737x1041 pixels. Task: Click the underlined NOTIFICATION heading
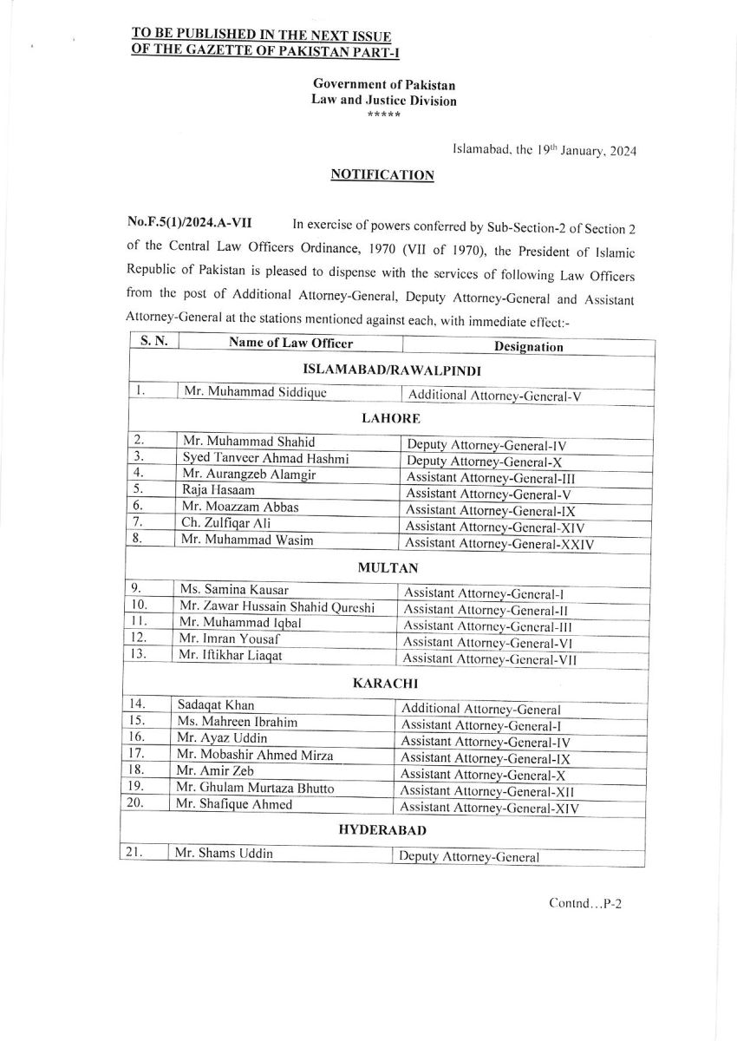pyautogui.click(x=382, y=174)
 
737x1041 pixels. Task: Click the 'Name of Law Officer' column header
pyautogui.click(x=291, y=343)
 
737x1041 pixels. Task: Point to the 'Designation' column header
pyautogui.click(x=528, y=346)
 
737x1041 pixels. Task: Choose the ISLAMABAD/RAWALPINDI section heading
pyautogui.click(x=390, y=369)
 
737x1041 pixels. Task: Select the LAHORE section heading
pyautogui.click(x=390, y=417)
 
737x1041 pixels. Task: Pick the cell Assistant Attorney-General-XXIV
pyautogui.click(x=500, y=544)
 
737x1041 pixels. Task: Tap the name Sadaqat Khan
pyautogui.click(x=210, y=705)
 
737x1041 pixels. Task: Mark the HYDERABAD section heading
pyautogui.click(x=382, y=830)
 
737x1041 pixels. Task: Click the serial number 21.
pyautogui.click(x=134, y=853)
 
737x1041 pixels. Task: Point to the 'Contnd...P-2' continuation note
pyautogui.click(x=586, y=903)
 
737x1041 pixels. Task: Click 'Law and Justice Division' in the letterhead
pyautogui.click(x=383, y=100)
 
